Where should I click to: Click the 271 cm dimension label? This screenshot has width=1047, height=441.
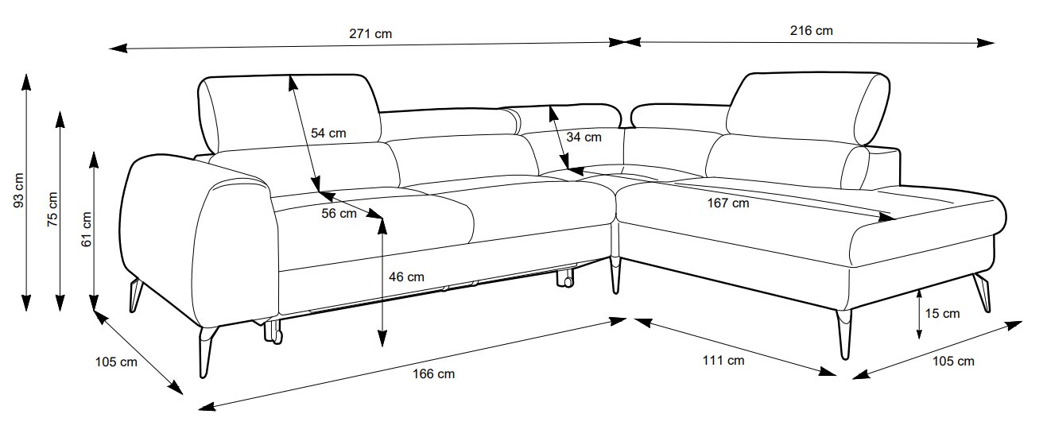[x=370, y=33]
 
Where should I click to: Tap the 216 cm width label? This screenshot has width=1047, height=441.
[x=811, y=31]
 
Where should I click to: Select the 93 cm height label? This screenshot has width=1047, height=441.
[x=19, y=192]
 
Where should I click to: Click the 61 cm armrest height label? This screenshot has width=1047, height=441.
[x=87, y=230]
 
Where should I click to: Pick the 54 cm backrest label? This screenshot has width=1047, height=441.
[x=328, y=133]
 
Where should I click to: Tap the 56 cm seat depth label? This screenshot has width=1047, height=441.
[x=339, y=213]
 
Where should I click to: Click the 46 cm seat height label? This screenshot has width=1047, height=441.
[x=405, y=277]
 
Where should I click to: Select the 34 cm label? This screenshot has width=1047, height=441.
[x=584, y=137]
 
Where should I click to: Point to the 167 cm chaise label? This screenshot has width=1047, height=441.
[x=727, y=203]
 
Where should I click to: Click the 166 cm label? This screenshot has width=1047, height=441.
[x=434, y=373]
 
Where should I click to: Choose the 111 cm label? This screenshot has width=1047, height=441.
[x=723, y=360]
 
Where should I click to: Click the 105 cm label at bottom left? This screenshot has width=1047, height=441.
[x=116, y=362]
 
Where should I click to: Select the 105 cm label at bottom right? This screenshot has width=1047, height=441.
[x=952, y=362]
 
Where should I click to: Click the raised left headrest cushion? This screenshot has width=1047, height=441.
[x=286, y=111]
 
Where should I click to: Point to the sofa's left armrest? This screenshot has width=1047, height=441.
[x=199, y=238]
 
